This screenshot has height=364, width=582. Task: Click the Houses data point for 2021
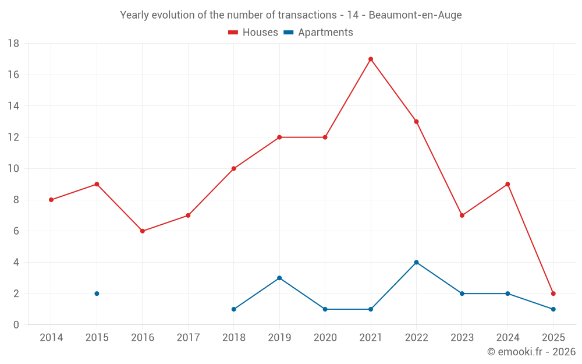pos(371,59)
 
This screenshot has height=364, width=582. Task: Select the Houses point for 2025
pos(553,294)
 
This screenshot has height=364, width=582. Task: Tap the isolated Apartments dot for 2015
pos(97,294)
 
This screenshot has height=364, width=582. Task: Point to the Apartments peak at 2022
pos(416,262)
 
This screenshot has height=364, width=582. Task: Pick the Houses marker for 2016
pos(142,231)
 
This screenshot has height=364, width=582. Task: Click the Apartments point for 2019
pos(279,278)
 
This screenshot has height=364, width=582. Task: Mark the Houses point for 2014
pos(51,200)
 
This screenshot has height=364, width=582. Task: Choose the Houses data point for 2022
pos(416,122)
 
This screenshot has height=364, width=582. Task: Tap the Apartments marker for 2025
pos(553,309)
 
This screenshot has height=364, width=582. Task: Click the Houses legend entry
pos(253,33)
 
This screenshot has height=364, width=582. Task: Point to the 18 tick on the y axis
pos(13,44)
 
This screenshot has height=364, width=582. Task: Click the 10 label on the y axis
pos(13,169)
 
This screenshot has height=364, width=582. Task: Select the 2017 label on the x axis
pos(188,338)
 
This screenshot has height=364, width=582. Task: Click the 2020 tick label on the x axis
pos(325,338)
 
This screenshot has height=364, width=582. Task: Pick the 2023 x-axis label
pos(462,338)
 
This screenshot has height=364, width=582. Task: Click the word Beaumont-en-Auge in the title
pos(415,15)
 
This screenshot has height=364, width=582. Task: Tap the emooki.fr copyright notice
pos(531,352)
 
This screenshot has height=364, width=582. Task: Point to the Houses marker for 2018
pos(233,169)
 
